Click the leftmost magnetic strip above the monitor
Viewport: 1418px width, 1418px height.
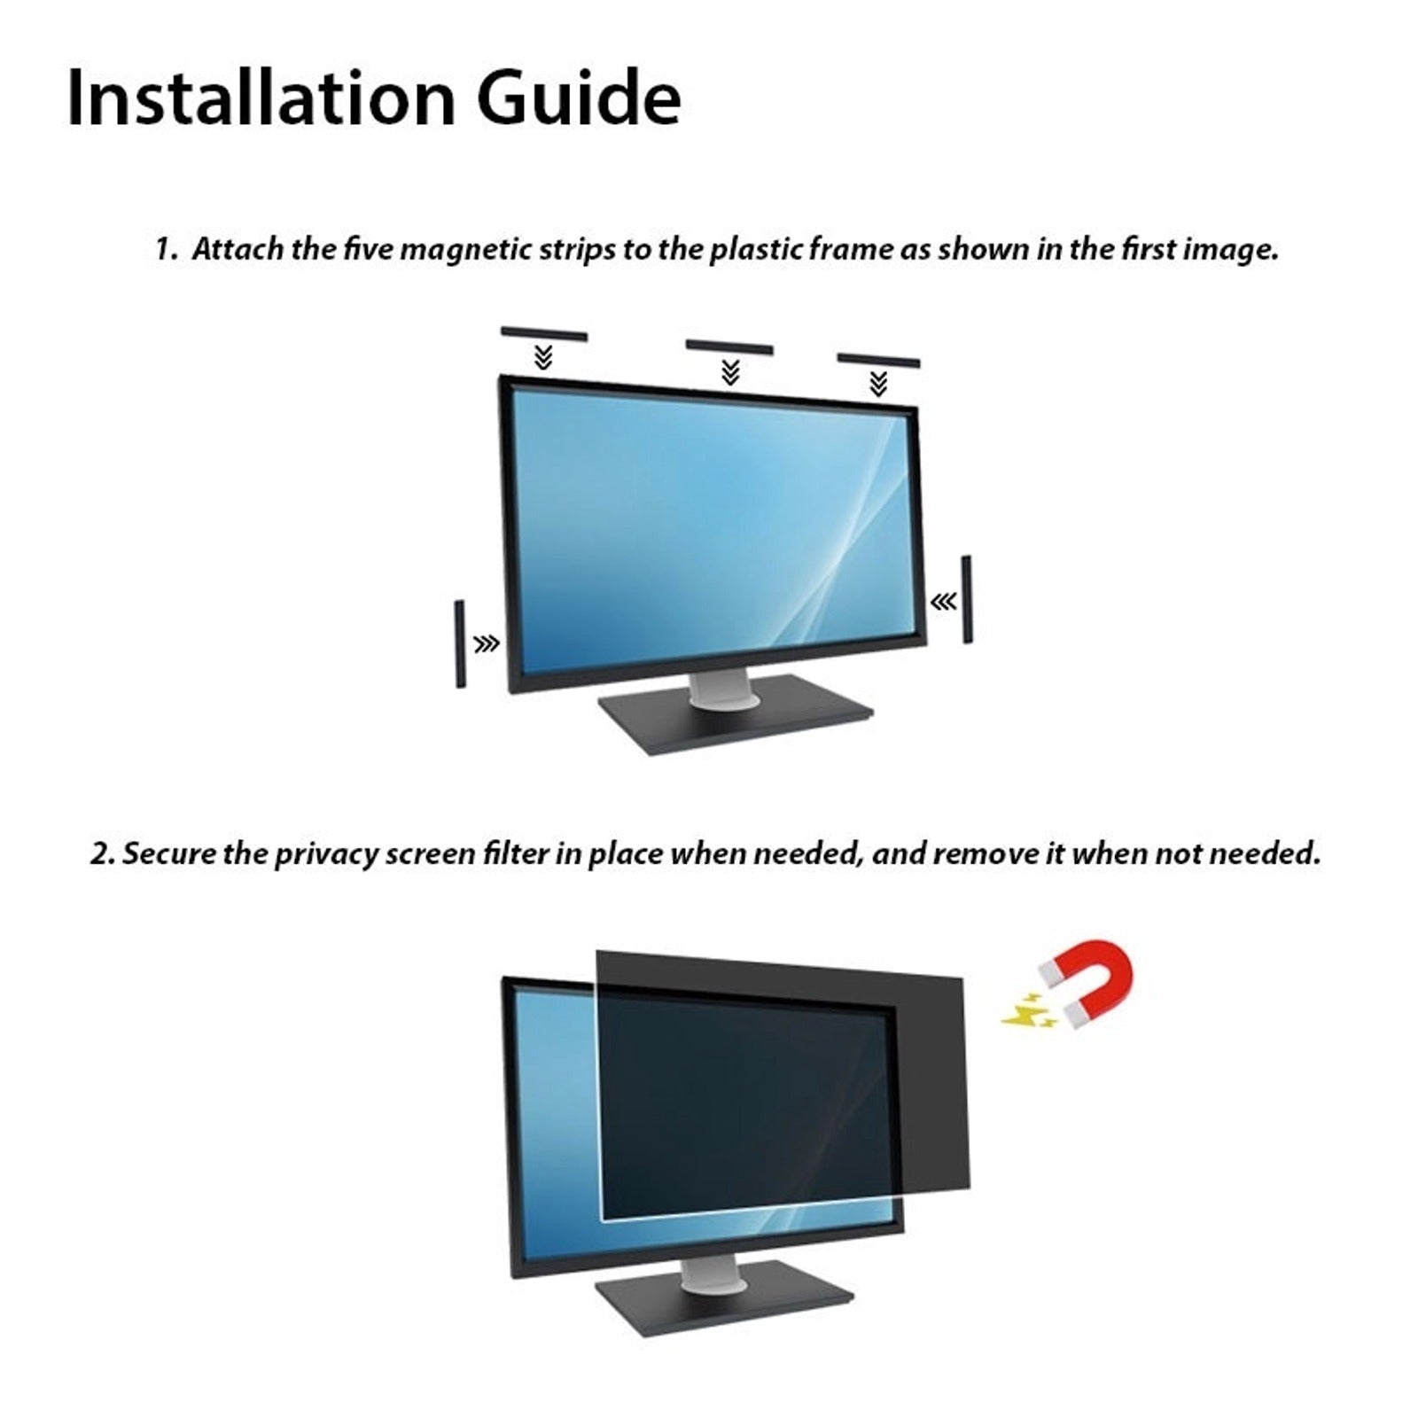544,334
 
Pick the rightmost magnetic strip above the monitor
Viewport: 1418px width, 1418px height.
878,359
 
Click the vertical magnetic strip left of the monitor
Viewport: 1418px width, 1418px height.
460,643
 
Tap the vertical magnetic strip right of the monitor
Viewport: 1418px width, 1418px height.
966,600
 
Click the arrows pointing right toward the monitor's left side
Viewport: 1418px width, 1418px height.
487,643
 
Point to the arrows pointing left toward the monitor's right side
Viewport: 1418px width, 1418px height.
943,603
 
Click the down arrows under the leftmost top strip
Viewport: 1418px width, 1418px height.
544,358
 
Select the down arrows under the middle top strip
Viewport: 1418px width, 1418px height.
730,372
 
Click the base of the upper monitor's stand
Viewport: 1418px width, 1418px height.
735,716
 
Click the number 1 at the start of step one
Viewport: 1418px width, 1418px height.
164,250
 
